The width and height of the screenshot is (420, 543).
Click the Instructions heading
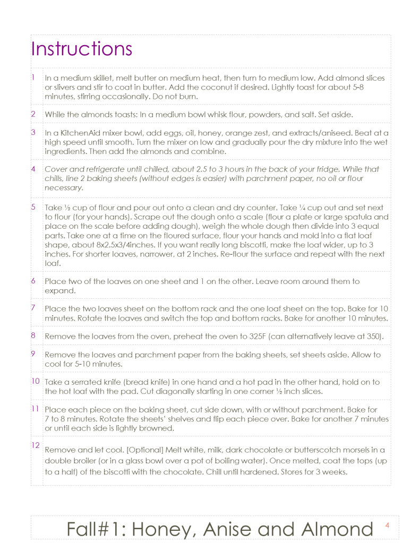pos(81,49)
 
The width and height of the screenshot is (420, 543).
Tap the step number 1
pos(32,77)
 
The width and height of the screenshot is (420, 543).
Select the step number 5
pos(33,206)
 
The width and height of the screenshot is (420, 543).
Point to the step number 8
pos(33,335)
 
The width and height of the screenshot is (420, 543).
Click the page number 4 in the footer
pos(387,525)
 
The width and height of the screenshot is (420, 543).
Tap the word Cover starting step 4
pos(55,169)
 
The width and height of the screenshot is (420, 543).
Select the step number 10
pos(35,381)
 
